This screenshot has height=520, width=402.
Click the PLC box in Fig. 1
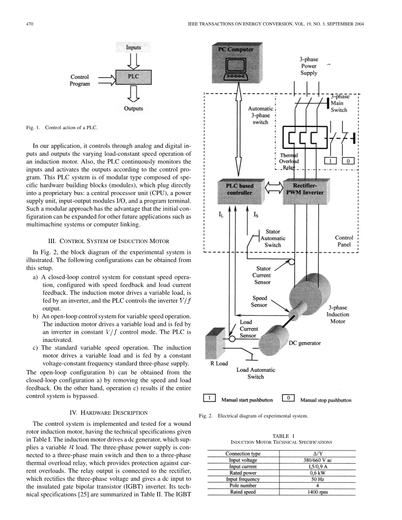coord(133,77)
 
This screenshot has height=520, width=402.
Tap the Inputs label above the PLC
coord(133,48)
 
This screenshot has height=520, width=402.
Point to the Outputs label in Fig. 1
coord(133,108)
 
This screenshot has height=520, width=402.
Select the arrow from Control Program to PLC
coord(106,78)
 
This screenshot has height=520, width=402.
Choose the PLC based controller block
coord(240,189)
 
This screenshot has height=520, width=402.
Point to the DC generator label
coord(304,343)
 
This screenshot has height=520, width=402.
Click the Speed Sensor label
coord(259,301)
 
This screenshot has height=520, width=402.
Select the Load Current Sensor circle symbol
coord(232,339)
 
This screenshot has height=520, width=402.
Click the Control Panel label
coord(344,241)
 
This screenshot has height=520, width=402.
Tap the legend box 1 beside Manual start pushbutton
coord(210,398)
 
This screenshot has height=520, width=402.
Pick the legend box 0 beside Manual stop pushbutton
coord(288,398)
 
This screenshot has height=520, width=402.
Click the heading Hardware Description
coord(109,412)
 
